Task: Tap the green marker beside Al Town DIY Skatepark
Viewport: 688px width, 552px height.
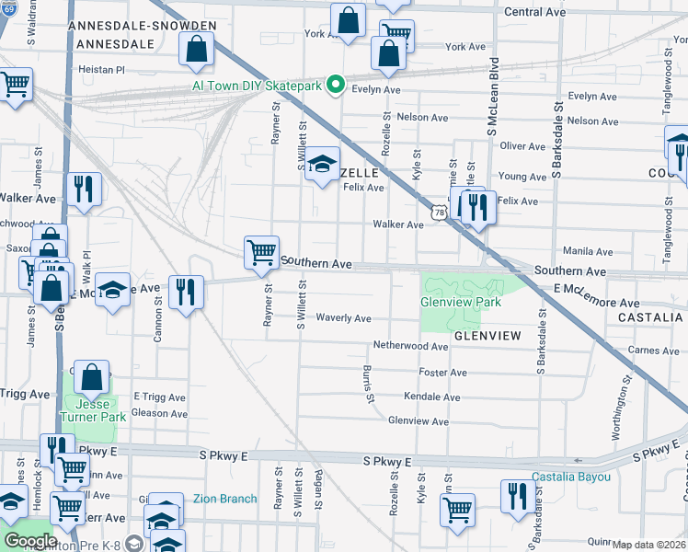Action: click(336, 86)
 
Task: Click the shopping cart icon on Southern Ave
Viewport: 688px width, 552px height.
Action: click(262, 252)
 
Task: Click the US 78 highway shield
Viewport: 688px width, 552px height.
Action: click(441, 213)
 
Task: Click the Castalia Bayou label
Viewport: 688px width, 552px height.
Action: click(571, 477)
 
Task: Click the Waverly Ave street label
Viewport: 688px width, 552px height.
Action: click(343, 318)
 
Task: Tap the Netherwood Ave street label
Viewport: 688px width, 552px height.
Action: click(409, 346)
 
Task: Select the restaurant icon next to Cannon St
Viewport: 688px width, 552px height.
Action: click(187, 293)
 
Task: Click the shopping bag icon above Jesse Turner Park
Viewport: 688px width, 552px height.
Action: click(93, 377)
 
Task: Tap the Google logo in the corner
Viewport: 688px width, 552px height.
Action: click(30, 540)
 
